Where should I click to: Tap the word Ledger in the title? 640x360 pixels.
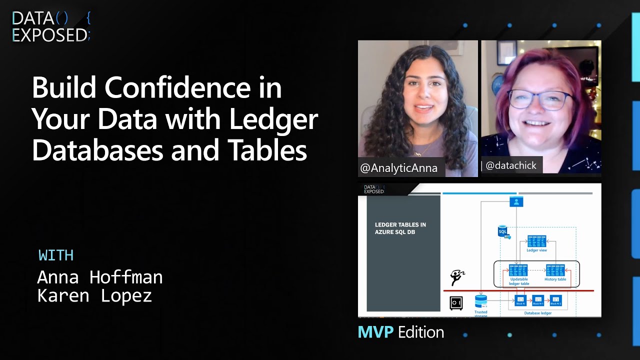pyautogui.click(x=273, y=119)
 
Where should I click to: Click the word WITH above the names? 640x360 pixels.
pyautogui.click(x=56, y=255)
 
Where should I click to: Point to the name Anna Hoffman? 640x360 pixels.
pyautogui.click(x=100, y=277)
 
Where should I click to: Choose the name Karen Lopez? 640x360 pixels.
pyautogui.click(x=94, y=295)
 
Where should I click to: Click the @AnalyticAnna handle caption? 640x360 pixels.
pyautogui.click(x=398, y=168)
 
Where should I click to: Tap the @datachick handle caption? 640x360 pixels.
pyautogui.click(x=511, y=165)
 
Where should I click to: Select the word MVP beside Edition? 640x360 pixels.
pyautogui.click(x=375, y=332)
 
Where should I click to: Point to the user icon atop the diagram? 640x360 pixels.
pyautogui.click(x=516, y=201)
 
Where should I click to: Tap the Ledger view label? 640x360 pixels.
pyautogui.click(x=536, y=250)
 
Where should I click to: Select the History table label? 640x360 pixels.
pyautogui.click(x=555, y=279)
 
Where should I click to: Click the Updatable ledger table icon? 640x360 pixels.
pyautogui.click(x=518, y=270)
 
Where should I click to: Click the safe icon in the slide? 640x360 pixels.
pyautogui.click(x=456, y=303)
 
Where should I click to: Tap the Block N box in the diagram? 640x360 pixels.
pyautogui.click(x=520, y=300)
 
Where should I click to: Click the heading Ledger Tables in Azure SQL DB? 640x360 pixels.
pyautogui.click(x=400, y=228)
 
